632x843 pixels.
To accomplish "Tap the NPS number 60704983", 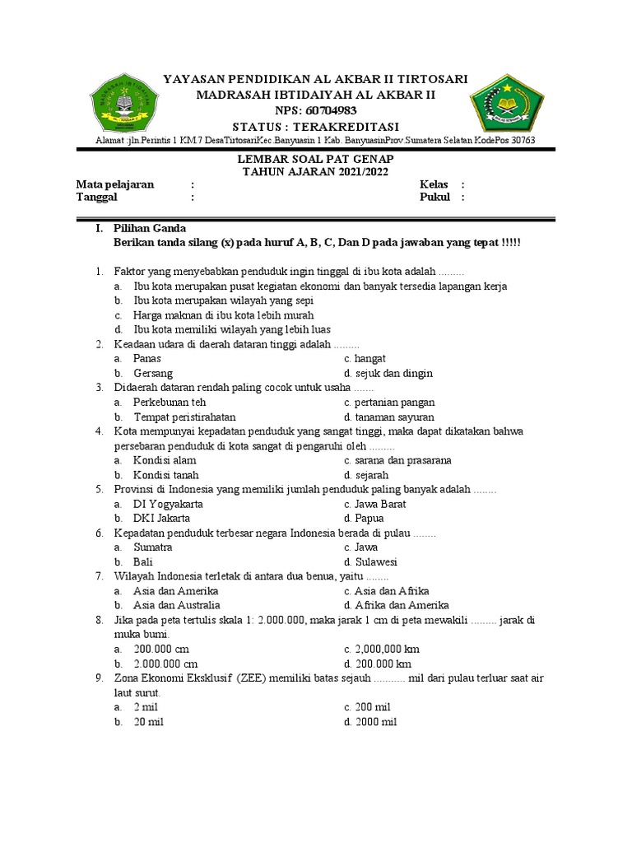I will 316,111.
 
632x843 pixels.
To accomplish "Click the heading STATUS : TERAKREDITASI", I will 316,126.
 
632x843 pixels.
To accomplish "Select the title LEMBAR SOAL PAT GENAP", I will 316,158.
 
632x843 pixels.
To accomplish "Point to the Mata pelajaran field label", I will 115,184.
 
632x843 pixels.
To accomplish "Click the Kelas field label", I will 434,184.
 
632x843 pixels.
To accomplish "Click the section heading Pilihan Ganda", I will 150,228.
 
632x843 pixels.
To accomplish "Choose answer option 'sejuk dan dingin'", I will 393,373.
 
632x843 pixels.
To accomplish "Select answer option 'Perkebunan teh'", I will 170,403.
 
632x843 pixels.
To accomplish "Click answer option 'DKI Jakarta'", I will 162,518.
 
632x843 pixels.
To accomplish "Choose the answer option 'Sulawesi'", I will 376,561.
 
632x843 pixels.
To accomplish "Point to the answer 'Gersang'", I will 153,373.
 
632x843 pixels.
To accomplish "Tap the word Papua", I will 369,518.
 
